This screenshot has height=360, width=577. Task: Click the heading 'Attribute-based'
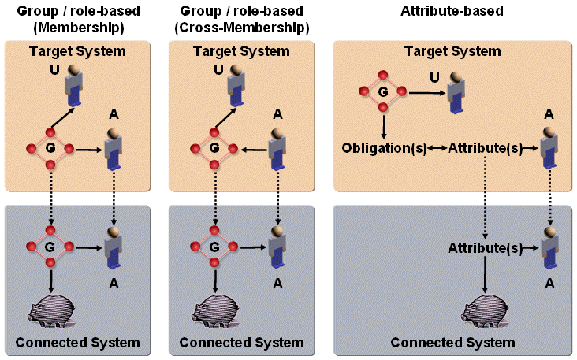point(452,11)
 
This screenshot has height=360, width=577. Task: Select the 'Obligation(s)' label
point(383,147)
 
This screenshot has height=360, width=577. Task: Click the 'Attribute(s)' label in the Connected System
point(484,247)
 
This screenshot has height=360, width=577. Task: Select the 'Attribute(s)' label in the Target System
point(484,147)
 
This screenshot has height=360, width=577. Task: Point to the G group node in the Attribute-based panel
point(383,92)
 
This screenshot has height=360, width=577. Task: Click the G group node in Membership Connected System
point(50,247)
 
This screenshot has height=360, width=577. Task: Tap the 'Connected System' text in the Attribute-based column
point(452,343)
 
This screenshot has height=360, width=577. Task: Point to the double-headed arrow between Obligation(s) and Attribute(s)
point(437,147)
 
